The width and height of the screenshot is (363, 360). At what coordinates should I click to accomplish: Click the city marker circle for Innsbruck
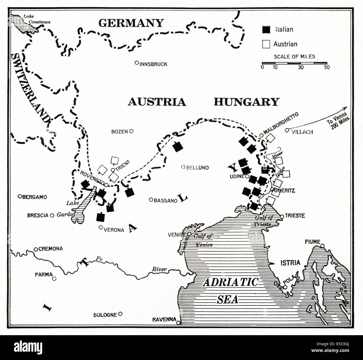click(137, 63)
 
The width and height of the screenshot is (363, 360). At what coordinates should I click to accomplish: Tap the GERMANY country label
click(131, 23)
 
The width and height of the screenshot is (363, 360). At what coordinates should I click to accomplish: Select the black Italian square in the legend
click(266, 30)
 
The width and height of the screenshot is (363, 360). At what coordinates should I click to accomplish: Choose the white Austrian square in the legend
click(266, 44)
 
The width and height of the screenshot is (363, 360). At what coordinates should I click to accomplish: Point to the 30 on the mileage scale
click(301, 67)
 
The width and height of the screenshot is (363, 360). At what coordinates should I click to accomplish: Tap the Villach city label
click(302, 132)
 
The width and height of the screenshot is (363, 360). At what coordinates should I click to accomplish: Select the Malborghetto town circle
click(261, 135)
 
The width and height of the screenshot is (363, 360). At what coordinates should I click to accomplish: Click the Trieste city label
click(295, 216)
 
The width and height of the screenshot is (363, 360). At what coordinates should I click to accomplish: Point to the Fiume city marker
click(323, 246)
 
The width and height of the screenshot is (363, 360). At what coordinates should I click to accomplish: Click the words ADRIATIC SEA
click(230, 290)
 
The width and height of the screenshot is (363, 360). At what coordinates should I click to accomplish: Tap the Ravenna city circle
click(179, 323)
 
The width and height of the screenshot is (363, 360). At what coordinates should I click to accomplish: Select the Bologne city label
click(105, 315)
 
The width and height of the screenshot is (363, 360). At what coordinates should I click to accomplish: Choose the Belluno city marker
click(183, 167)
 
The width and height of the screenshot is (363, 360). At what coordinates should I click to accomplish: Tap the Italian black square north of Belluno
click(177, 146)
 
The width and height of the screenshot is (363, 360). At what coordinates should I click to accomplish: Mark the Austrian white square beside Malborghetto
click(270, 138)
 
